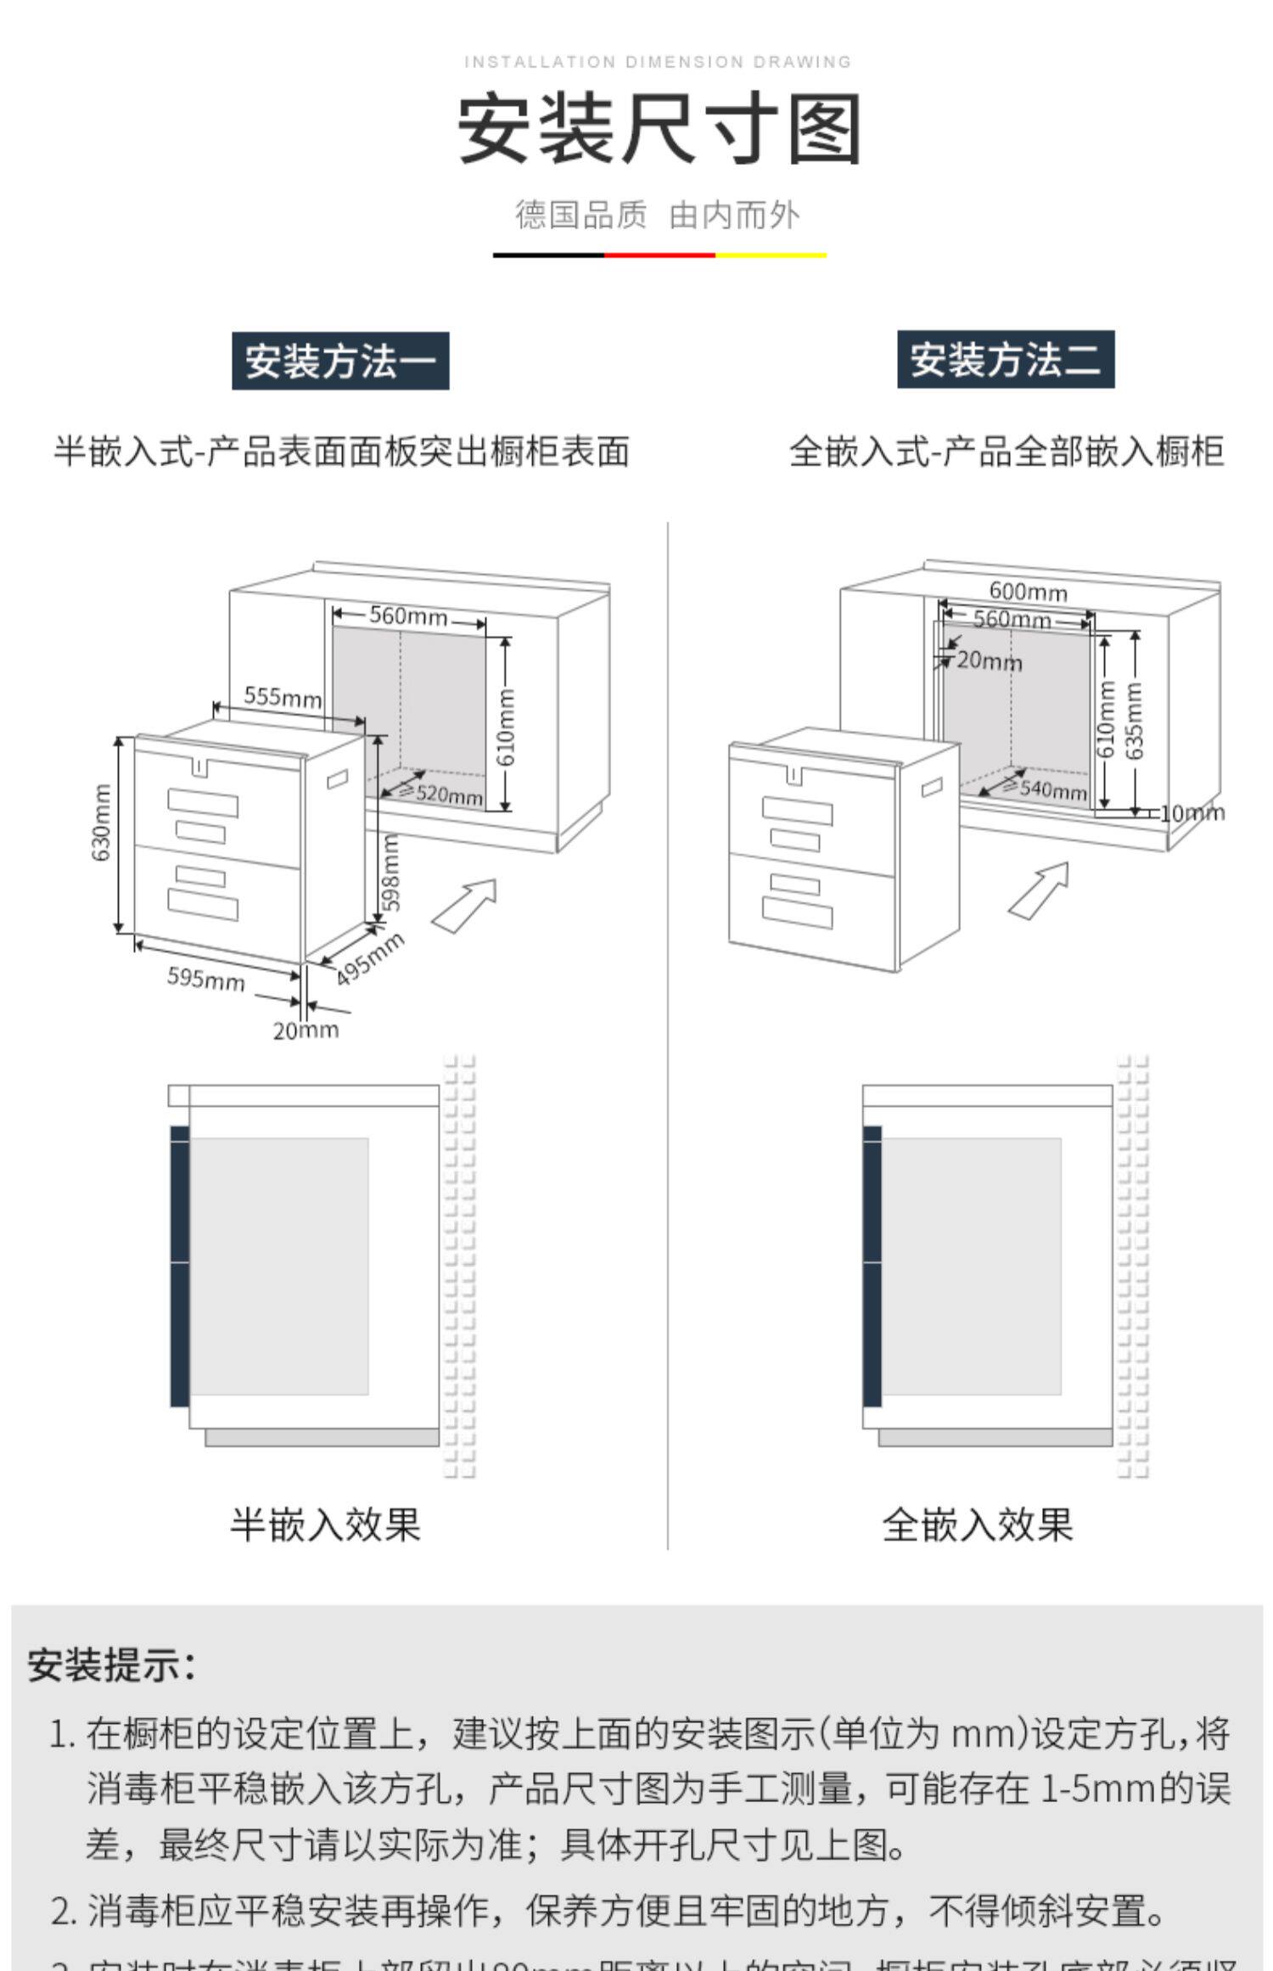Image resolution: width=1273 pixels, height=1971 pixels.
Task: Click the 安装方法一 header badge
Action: point(340,361)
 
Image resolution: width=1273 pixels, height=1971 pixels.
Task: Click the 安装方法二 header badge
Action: point(1006,359)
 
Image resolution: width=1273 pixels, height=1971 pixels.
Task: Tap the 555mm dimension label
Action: point(283,697)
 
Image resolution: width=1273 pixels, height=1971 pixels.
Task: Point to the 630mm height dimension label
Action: point(101,823)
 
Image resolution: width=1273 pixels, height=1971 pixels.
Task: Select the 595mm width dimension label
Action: point(206,979)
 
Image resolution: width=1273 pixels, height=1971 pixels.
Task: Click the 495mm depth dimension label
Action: point(370,958)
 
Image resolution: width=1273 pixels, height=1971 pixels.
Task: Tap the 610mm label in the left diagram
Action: point(506,726)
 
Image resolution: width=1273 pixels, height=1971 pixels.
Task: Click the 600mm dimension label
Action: point(1028,591)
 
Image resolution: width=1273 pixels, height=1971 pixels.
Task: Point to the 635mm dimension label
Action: point(1135,720)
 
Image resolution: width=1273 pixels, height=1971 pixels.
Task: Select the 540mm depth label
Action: point(1052,789)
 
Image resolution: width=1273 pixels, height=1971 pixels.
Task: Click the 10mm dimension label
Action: point(1192,813)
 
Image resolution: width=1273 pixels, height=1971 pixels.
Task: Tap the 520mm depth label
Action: point(448,795)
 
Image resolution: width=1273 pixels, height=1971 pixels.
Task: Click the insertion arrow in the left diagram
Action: point(464,905)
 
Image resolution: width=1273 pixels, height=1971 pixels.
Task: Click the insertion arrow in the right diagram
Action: point(1039,890)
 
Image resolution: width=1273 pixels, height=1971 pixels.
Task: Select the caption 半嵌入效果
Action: point(326,1524)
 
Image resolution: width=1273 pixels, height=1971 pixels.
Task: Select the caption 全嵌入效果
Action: point(978,1524)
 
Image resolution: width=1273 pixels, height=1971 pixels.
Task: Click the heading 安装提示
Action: point(111,1665)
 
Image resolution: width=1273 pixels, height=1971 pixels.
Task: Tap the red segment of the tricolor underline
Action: point(659,254)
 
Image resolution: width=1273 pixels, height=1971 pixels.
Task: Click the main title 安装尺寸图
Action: point(659,129)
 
